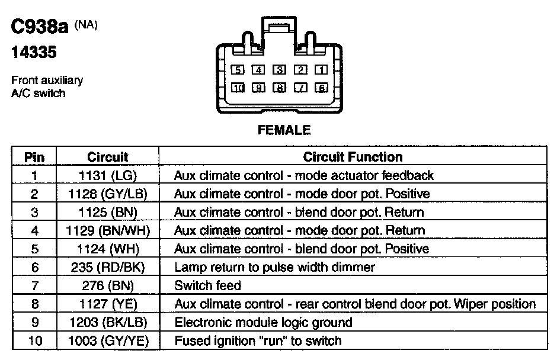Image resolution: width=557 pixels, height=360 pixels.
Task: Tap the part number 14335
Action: tap(34, 53)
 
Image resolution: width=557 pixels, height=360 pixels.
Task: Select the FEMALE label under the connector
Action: tap(284, 130)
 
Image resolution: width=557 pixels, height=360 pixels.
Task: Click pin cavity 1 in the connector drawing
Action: tap(321, 70)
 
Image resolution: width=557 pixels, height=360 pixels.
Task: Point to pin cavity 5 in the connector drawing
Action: tap(237, 70)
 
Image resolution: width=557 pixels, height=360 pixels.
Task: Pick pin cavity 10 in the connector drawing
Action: tap(237, 88)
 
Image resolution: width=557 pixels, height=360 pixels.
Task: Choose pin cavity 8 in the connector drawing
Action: tap(279, 88)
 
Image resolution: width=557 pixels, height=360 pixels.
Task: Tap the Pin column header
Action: tap(34, 157)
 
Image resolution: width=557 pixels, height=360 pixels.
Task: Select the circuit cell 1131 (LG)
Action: tap(108, 175)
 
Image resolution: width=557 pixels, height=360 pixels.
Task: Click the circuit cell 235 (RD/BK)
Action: tap(108, 267)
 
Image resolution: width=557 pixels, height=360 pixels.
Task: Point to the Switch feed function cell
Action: tap(207, 285)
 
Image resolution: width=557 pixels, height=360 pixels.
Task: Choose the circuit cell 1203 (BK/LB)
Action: tap(108, 322)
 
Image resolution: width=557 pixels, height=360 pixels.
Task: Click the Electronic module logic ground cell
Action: tap(263, 322)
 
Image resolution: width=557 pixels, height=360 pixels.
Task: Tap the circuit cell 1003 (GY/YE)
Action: tap(108, 340)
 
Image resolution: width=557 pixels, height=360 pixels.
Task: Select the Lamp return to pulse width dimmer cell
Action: tap(274, 267)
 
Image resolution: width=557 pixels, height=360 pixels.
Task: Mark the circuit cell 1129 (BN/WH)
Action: tap(108, 230)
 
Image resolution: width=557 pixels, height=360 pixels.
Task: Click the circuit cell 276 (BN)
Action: tap(108, 285)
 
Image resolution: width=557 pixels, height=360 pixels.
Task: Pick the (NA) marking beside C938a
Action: tap(86, 25)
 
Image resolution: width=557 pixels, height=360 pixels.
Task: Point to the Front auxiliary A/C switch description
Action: tap(47, 86)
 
